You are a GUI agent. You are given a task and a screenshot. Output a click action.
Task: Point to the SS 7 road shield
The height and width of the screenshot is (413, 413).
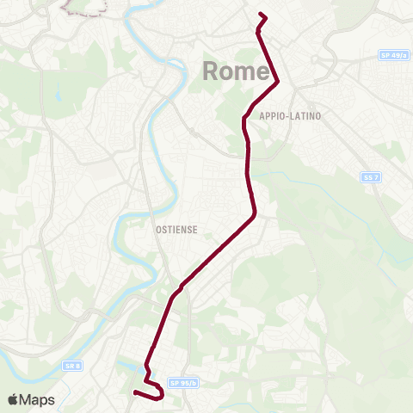click(369, 176)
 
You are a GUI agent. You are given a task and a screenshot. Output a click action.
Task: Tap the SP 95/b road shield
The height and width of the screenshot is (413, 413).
click(183, 382)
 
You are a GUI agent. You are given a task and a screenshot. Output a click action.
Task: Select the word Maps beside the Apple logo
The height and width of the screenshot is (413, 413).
click(37, 399)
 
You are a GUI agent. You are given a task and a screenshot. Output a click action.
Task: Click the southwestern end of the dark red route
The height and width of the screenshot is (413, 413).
click(135, 393)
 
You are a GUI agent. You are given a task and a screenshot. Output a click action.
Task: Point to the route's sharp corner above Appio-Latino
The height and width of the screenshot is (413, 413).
click(278, 83)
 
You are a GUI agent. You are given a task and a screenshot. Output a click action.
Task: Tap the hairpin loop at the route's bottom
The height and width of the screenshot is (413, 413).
click(161, 393)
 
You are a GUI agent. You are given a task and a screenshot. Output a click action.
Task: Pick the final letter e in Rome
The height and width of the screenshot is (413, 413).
click(263, 72)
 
